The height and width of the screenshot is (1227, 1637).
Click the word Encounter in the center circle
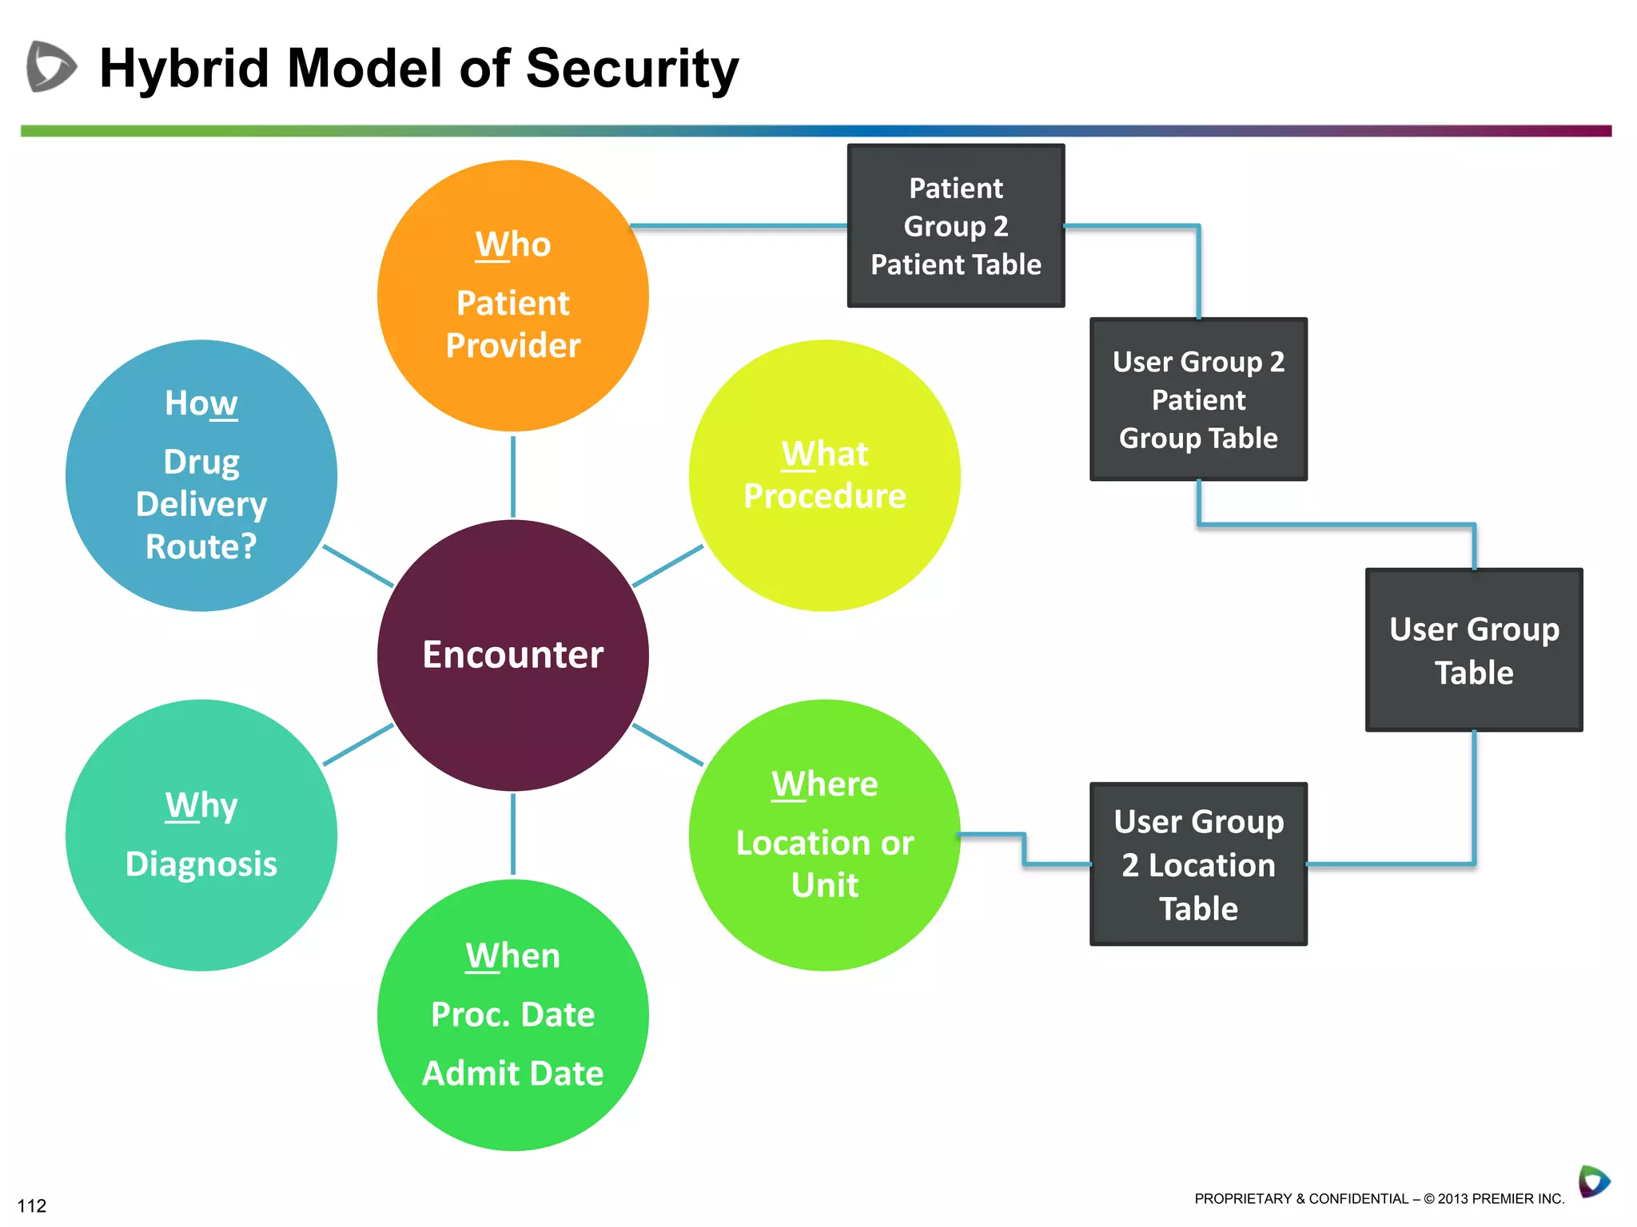coord(512,655)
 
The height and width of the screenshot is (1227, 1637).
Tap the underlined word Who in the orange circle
coord(512,244)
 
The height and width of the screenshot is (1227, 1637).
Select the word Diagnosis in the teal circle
coord(201,864)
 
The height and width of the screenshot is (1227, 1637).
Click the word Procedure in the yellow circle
coord(824,496)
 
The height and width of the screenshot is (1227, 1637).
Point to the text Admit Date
coord(512,1073)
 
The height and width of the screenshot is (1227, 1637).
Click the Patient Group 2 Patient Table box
coord(956,226)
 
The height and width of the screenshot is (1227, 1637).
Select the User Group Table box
coord(1474,650)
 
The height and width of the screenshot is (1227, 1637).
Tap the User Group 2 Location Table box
coord(1198,864)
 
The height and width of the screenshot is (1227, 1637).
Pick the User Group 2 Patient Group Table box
coord(1198,399)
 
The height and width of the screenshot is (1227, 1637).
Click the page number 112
coord(32,1205)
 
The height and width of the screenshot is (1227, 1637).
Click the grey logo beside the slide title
coord(51,66)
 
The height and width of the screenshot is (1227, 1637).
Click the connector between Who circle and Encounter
coord(512,476)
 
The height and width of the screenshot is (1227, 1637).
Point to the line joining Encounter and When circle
coord(512,835)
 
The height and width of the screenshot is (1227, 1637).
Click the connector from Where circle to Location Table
coord(1025,850)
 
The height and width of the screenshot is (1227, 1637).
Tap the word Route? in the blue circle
coord(201,547)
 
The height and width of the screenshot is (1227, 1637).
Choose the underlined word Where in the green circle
coord(824,784)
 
